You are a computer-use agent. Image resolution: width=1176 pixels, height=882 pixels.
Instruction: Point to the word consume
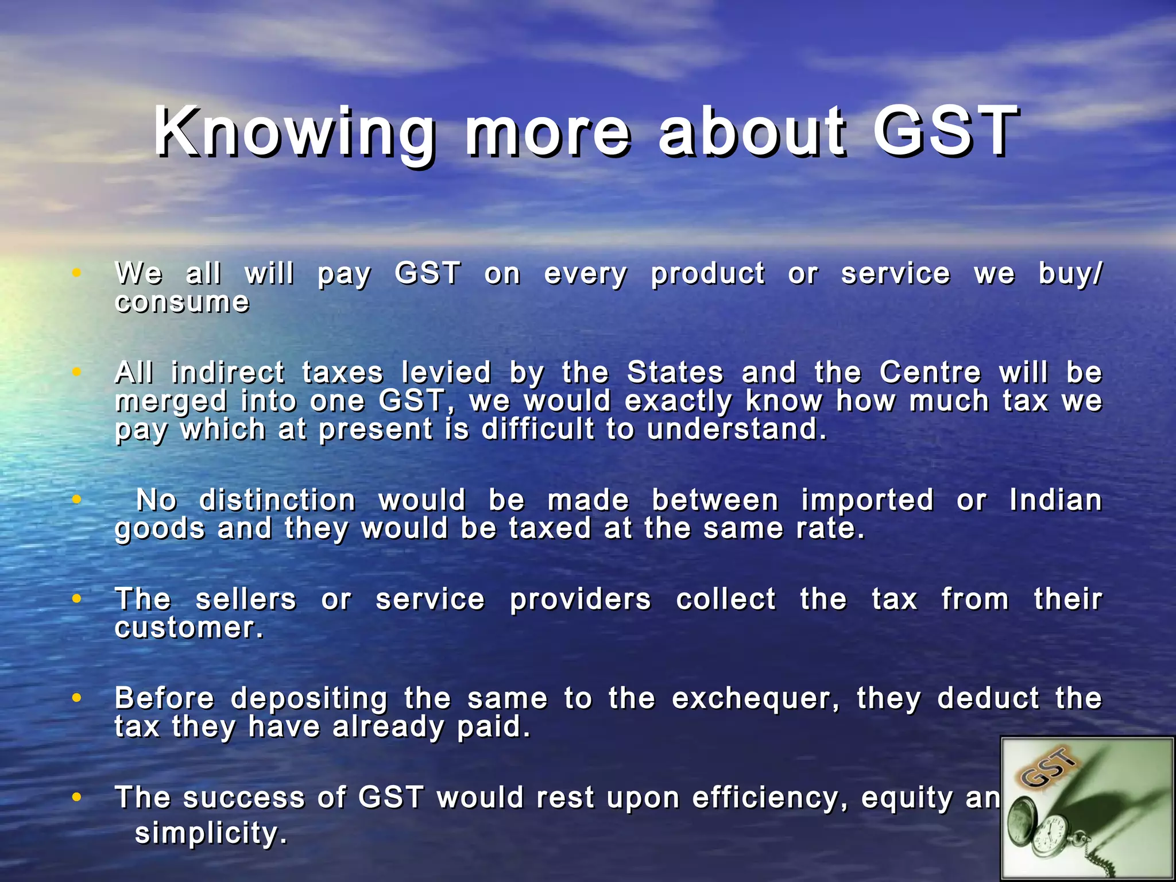click(182, 303)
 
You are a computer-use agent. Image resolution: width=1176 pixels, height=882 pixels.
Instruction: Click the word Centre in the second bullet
click(930, 373)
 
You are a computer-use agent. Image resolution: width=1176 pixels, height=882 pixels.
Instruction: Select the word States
click(675, 373)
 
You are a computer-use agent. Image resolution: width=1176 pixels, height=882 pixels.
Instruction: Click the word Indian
click(1055, 500)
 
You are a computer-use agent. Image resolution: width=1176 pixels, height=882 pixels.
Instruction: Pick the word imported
click(867, 500)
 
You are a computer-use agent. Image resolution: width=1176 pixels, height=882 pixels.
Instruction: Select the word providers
click(580, 599)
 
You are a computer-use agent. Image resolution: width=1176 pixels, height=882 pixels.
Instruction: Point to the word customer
click(188, 628)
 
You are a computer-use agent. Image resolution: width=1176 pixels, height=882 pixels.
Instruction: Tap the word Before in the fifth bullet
click(164, 699)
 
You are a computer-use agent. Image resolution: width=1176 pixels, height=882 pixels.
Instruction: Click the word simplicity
click(210, 834)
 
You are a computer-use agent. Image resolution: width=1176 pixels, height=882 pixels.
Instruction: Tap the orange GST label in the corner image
click(1048, 769)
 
